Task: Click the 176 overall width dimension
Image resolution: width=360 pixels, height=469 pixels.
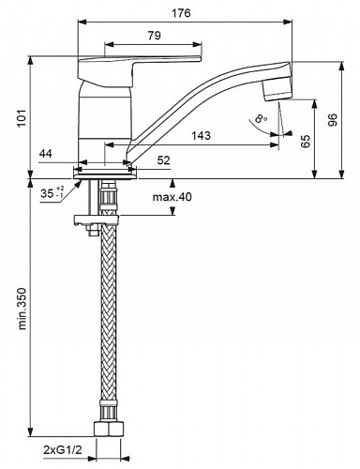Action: click(x=181, y=13)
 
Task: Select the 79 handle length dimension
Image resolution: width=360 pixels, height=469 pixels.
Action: click(x=154, y=36)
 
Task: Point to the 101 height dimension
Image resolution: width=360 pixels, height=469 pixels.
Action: click(x=22, y=118)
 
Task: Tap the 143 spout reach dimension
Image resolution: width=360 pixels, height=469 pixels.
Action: click(x=201, y=136)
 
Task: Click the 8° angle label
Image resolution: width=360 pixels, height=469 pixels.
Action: click(x=261, y=119)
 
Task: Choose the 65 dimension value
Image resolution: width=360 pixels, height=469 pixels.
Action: click(x=305, y=141)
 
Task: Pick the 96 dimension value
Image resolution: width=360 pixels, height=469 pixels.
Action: click(x=333, y=120)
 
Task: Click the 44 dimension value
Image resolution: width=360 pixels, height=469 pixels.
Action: click(x=46, y=154)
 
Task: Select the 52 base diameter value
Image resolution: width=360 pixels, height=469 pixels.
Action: click(x=163, y=160)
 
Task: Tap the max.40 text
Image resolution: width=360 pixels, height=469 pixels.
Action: click(x=172, y=197)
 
